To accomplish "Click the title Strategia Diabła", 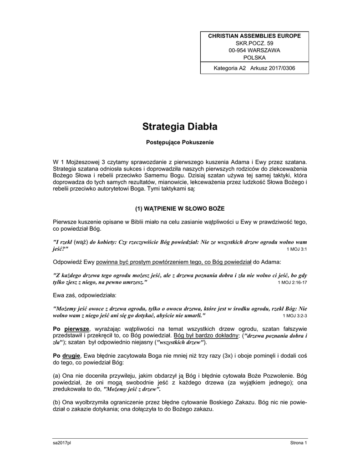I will coord(180,126).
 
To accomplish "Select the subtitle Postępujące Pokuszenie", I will coord(180,142).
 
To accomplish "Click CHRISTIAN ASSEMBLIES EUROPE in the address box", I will coord(254,35).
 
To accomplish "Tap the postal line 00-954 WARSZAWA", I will coord(254,50).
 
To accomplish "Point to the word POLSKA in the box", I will coord(254,57).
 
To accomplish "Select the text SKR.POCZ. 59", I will coord(254,43).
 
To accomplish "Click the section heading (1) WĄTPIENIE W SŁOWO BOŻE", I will coord(180,208).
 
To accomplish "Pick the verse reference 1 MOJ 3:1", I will coord(297,250).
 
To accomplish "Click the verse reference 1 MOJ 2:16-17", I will coord(292,283).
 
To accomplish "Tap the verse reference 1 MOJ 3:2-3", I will coord(295,315).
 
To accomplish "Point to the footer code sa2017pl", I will coord(62,443).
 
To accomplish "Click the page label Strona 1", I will coord(299,443).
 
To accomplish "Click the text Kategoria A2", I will coord(230,68).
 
